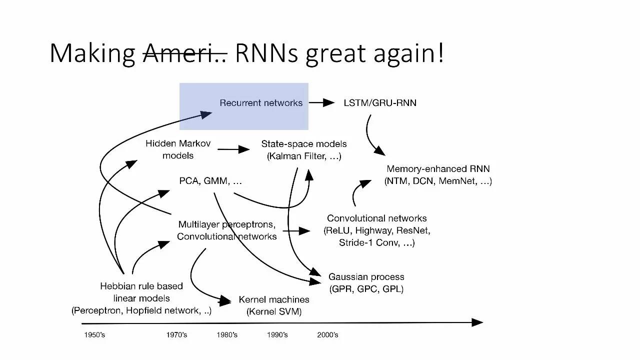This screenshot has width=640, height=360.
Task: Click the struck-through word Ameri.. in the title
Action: click(x=185, y=53)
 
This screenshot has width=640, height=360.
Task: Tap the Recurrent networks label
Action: click(x=261, y=103)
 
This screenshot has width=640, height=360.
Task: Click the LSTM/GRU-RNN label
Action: click(x=380, y=103)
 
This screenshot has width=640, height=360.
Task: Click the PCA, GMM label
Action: click(x=210, y=181)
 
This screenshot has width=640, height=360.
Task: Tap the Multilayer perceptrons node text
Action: click(x=226, y=224)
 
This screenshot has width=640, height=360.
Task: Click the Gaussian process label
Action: click(x=366, y=276)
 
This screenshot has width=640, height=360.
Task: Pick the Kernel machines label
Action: click(x=274, y=300)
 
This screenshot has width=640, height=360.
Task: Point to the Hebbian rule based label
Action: click(x=141, y=286)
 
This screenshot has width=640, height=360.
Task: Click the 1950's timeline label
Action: click(x=94, y=334)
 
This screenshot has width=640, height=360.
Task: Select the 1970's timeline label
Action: click(x=176, y=334)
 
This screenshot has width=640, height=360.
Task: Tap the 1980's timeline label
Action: click(x=227, y=334)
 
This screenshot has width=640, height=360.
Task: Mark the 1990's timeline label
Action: click(x=277, y=334)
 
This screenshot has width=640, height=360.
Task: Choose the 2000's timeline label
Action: click(x=327, y=334)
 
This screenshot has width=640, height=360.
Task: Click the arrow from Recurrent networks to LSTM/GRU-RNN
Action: click(x=321, y=103)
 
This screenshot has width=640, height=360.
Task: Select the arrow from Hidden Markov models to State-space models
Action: click(x=233, y=149)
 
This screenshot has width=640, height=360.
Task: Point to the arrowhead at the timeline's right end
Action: click(x=477, y=322)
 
